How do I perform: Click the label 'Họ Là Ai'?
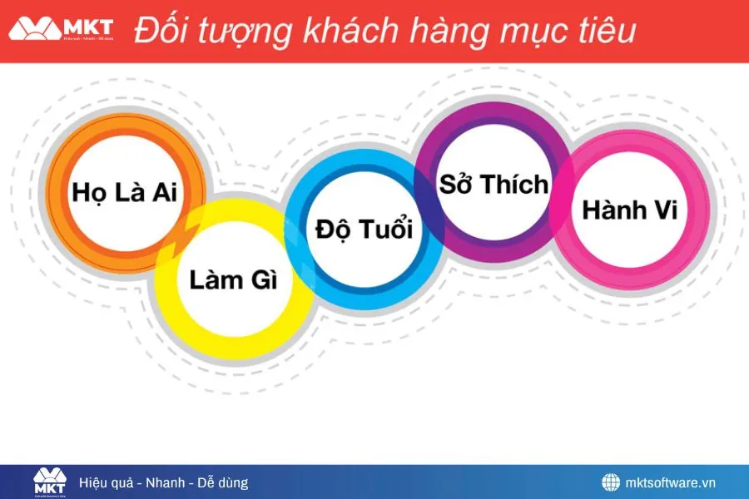coord(125,192)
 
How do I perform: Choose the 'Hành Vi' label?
coord(629,209)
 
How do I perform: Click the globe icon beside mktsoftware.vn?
coord(611,482)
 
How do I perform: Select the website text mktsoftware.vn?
coord(670,482)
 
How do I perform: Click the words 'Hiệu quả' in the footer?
coord(106,482)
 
